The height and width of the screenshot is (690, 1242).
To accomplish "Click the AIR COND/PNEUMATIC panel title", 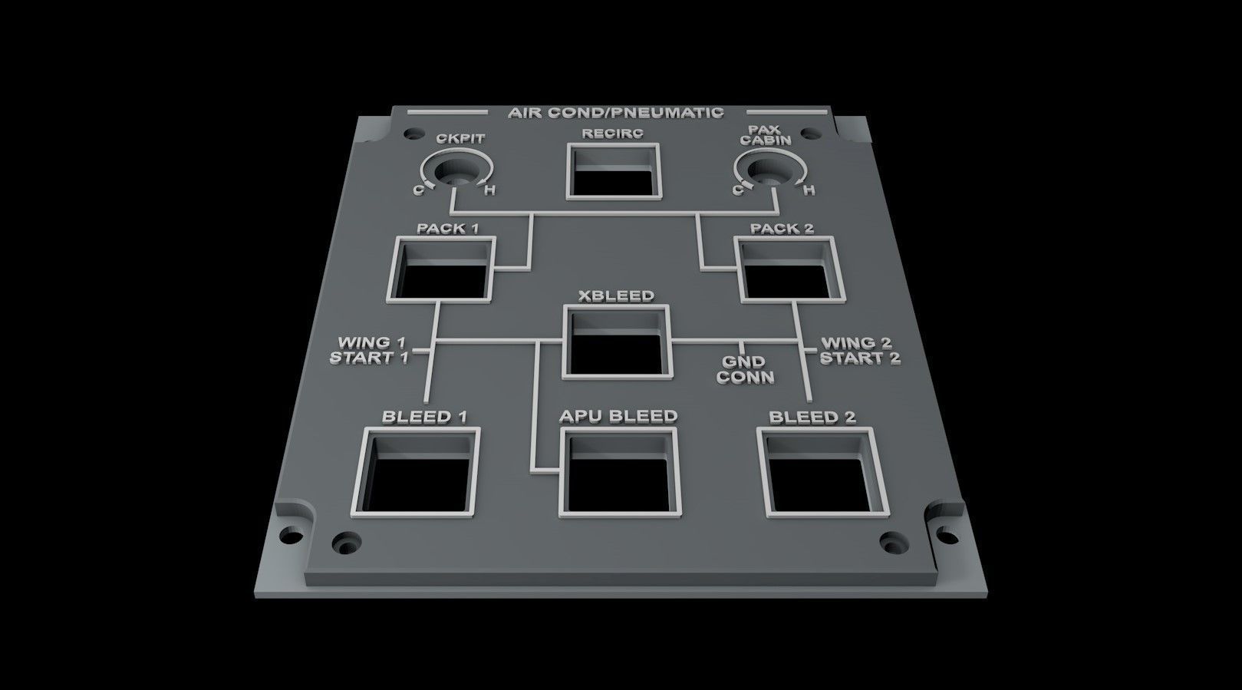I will click(615, 113).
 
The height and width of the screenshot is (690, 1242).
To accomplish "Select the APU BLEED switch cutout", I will click(621, 474).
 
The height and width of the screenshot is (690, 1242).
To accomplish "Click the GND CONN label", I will click(744, 369).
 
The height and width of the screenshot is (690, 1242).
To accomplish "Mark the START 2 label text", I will click(860, 358).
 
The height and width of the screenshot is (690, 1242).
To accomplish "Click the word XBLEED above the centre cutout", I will click(617, 295).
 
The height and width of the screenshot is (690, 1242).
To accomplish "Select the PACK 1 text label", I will click(443, 229).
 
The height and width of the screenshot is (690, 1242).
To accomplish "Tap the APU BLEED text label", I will click(618, 416).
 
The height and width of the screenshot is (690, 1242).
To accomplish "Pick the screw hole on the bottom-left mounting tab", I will click(291, 532).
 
